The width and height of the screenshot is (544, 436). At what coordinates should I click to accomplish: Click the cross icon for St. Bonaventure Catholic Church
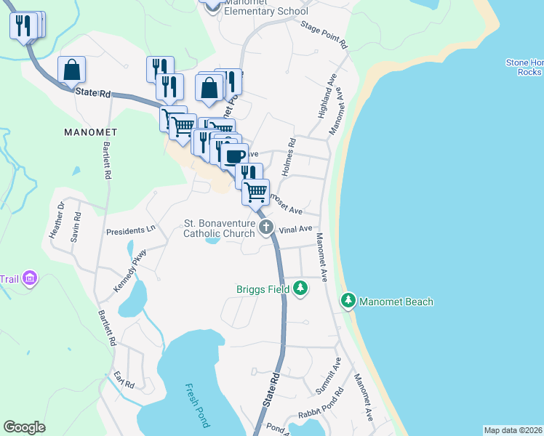[267, 228]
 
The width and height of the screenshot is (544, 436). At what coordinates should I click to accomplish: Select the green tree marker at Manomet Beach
[349, 301]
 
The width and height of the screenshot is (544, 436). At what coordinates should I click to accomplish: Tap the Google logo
[24, 427]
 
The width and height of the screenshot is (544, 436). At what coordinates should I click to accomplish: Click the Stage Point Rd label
[324, 34]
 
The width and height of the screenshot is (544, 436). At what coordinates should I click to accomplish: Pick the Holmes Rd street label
[290, 156]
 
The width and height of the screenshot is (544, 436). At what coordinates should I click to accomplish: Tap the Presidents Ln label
[131, 230]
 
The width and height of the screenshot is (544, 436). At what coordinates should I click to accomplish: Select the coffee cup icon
[233, 156]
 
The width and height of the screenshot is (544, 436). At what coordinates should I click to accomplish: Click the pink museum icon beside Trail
[29, 278]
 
